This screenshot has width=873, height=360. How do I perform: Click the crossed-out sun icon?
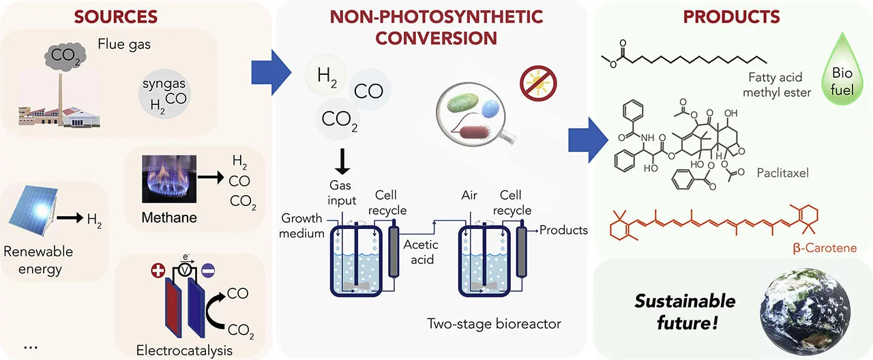pyautogui.click(x=535, y=85)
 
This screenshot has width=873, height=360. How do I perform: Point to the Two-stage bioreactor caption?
pyautogui.click(x=494, y=323)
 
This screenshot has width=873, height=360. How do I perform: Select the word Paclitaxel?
pyautogui.click(x=782, y=173)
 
